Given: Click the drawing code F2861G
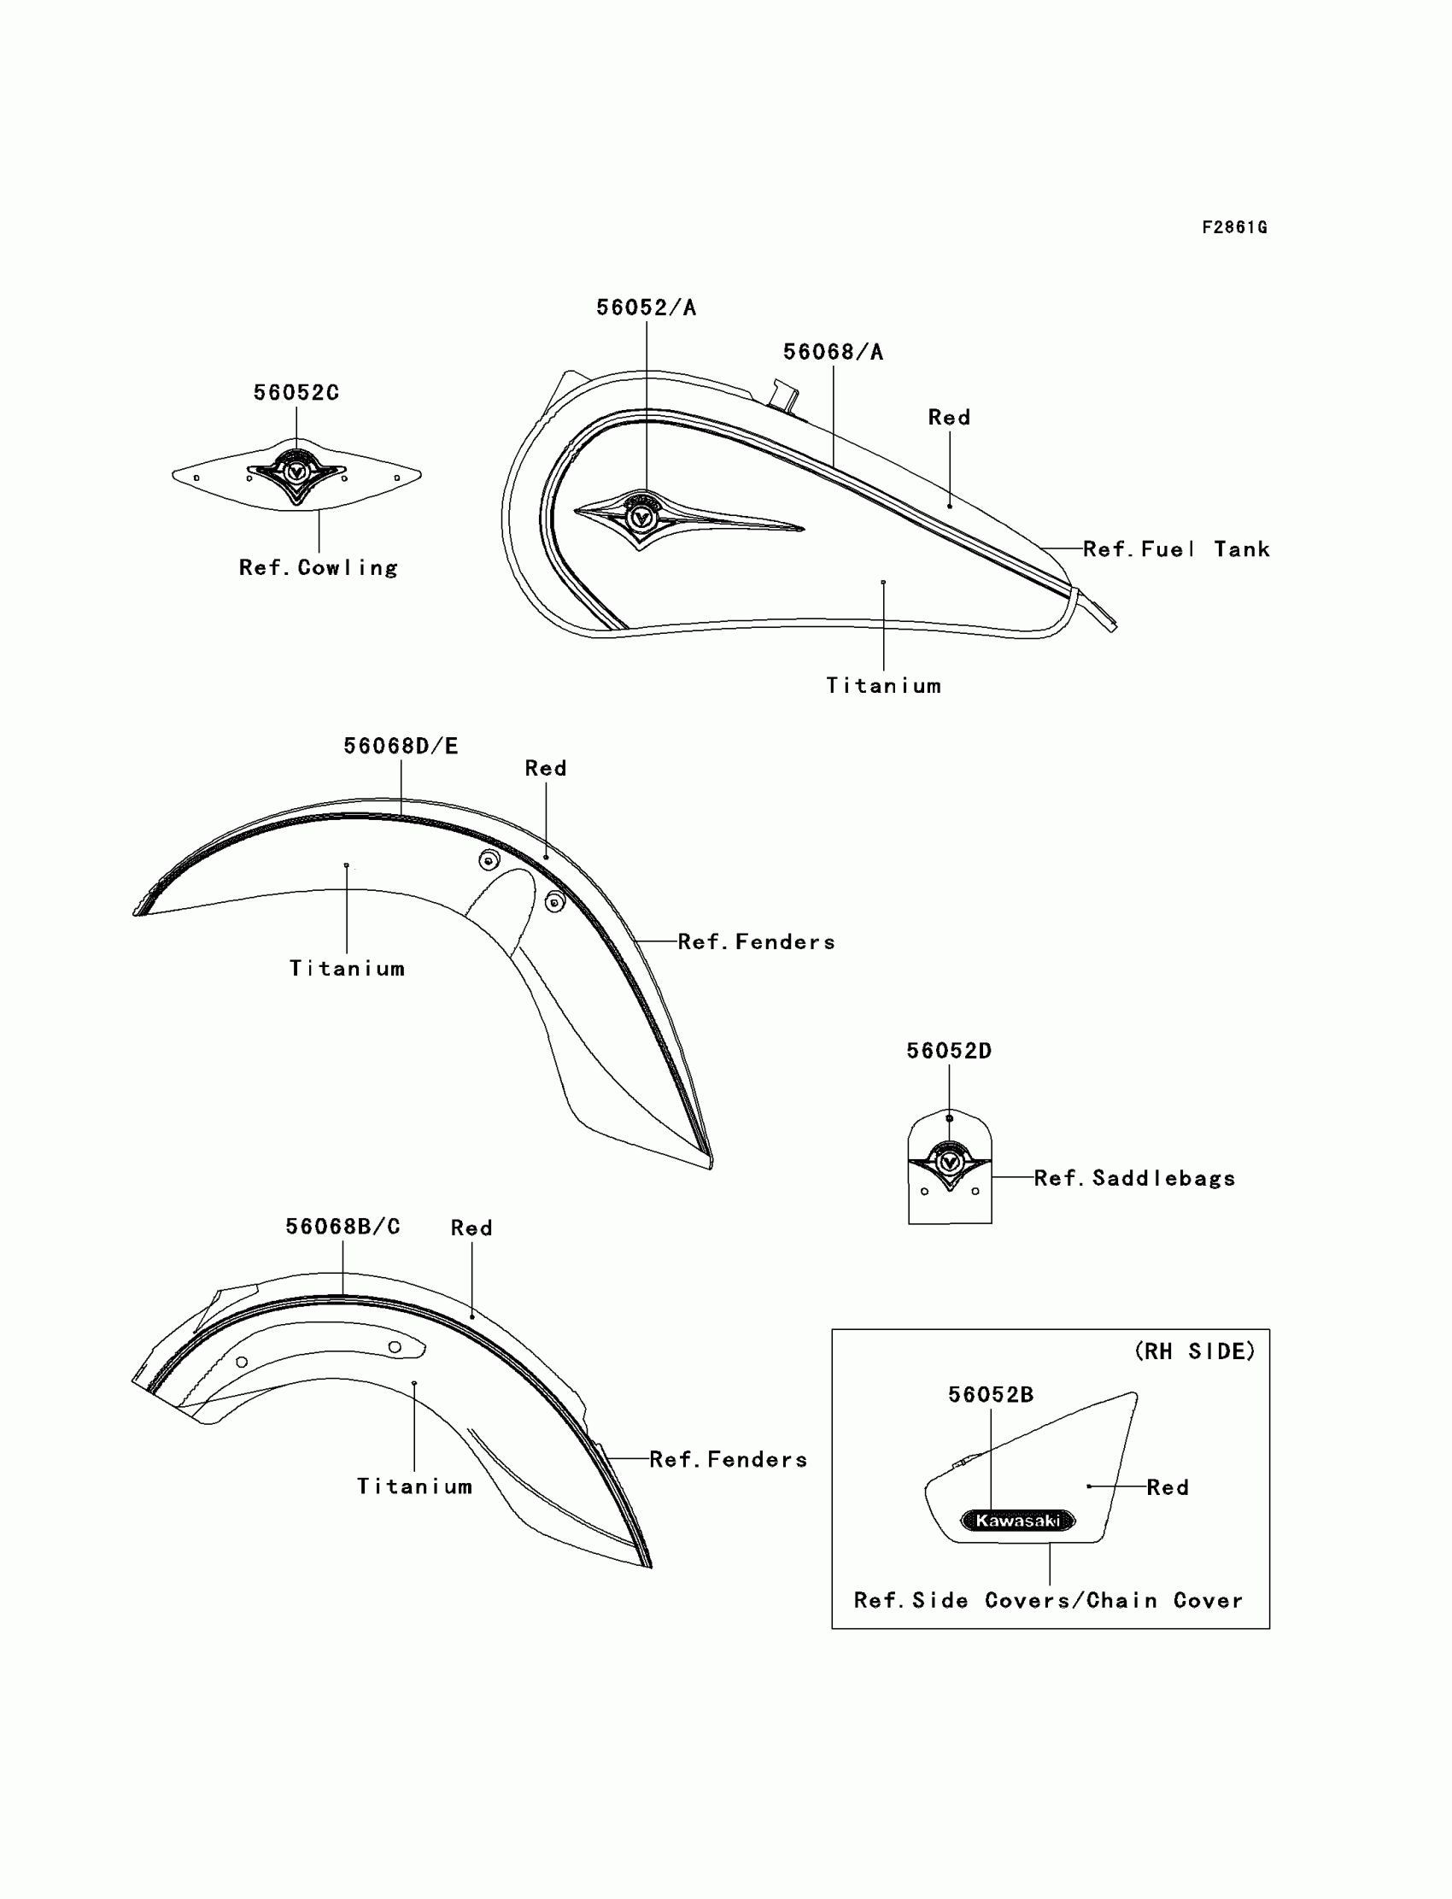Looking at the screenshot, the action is [x=1234, y=227].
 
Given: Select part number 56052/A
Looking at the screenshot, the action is [x=646, y=308].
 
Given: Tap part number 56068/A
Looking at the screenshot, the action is [x=832, y=352].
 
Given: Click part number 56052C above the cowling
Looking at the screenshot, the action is [x=296, y=392].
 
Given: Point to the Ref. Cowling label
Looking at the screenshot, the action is [x=318, y=568].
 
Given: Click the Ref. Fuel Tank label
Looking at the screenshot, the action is [x=1175, y=549].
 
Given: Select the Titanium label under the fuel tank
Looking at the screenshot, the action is [x=883, y=685].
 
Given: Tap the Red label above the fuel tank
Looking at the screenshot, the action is [x=949, y=418].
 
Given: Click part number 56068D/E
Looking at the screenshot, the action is [x=401, y=746].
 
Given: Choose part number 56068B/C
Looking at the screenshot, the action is [x=343, y=1227].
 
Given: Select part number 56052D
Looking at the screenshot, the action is [x=948, y=1051].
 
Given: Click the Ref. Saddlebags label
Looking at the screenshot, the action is [x=1134, y=1178].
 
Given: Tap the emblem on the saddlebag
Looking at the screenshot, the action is [x=949, y=1163].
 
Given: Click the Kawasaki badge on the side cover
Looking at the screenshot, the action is [x=1018, y=1521].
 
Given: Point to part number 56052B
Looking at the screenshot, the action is [x=991, y=1394].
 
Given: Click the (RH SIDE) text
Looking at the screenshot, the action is [x=1194, y=1351].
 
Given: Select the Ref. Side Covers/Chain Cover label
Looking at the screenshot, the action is [x=1047, y=1600].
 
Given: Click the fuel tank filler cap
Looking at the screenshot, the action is [x=785, y=393].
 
